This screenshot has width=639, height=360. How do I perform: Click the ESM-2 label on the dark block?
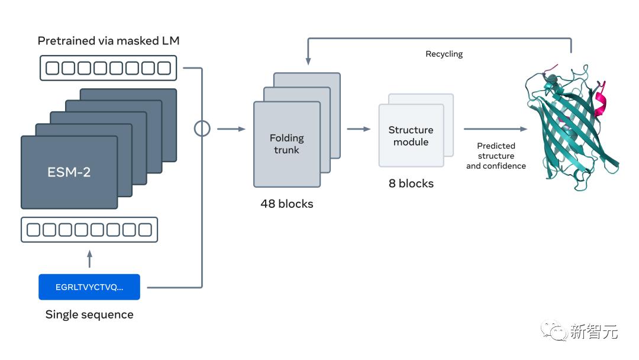(x=69, y=173)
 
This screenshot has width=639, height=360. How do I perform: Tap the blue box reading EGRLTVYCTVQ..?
(x=89, y=287)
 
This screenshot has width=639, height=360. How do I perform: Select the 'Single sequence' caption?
(x=89, y=314)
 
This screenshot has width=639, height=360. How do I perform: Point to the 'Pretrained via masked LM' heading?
(x=108, y=41)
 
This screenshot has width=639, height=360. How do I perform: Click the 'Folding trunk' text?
(x=287, y=144)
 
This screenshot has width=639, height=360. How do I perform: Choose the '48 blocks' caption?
(x=287, y=204)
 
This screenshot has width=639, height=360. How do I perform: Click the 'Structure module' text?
(x=411, y=136)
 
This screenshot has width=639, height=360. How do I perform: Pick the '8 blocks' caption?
(x=411, y=184)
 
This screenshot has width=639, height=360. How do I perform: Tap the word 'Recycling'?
(x=444, y=54)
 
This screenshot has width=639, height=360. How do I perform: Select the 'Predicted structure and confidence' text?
(x=496, y=156)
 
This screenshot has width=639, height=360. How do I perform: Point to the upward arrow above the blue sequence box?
(x=89, y=258)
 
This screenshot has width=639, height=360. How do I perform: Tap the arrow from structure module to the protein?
(x=495, y=128)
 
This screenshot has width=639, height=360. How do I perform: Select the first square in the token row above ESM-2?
(x=53, y=68)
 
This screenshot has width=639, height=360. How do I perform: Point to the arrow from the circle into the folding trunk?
(x=231, y=128)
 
